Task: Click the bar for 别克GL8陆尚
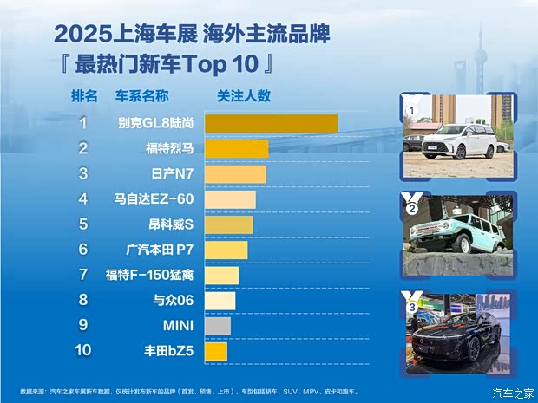(x=271, y=123)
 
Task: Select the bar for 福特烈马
(x=236, y=148)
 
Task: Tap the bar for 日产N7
(x=235, y=174)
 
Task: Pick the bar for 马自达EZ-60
(x=230, y=199)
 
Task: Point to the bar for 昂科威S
(x=228, y=224)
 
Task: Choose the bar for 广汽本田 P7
(x=226, y=250)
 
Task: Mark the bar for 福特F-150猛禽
(x=221, y=276)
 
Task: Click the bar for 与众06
(x=220, y=301)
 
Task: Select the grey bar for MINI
(x=217, y=326)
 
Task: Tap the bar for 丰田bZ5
(x=215, y=351)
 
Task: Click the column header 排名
(x=84, y=95)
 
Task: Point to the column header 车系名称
(x=141, y=95)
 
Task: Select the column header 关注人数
(x=244, y=95)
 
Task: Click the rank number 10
(x=82, y=351)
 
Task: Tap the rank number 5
(x=83, y=224)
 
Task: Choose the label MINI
(x=178, y=326)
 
